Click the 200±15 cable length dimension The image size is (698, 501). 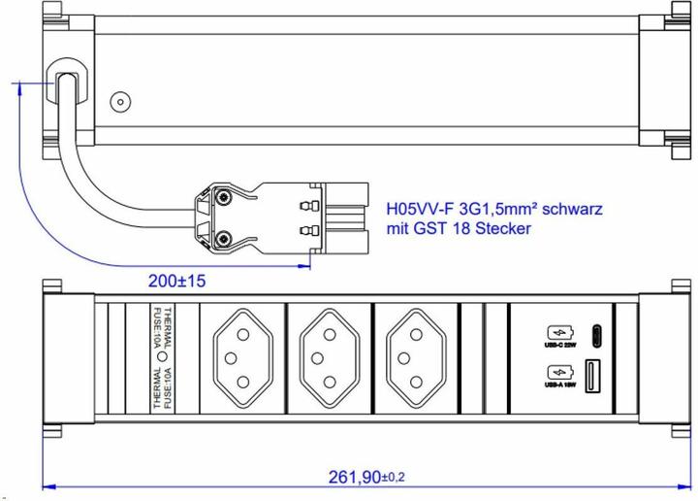(x=178, y=280)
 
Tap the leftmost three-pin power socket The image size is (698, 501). (x=242, y=358)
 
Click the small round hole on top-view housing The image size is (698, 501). (x=120, y=101)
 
